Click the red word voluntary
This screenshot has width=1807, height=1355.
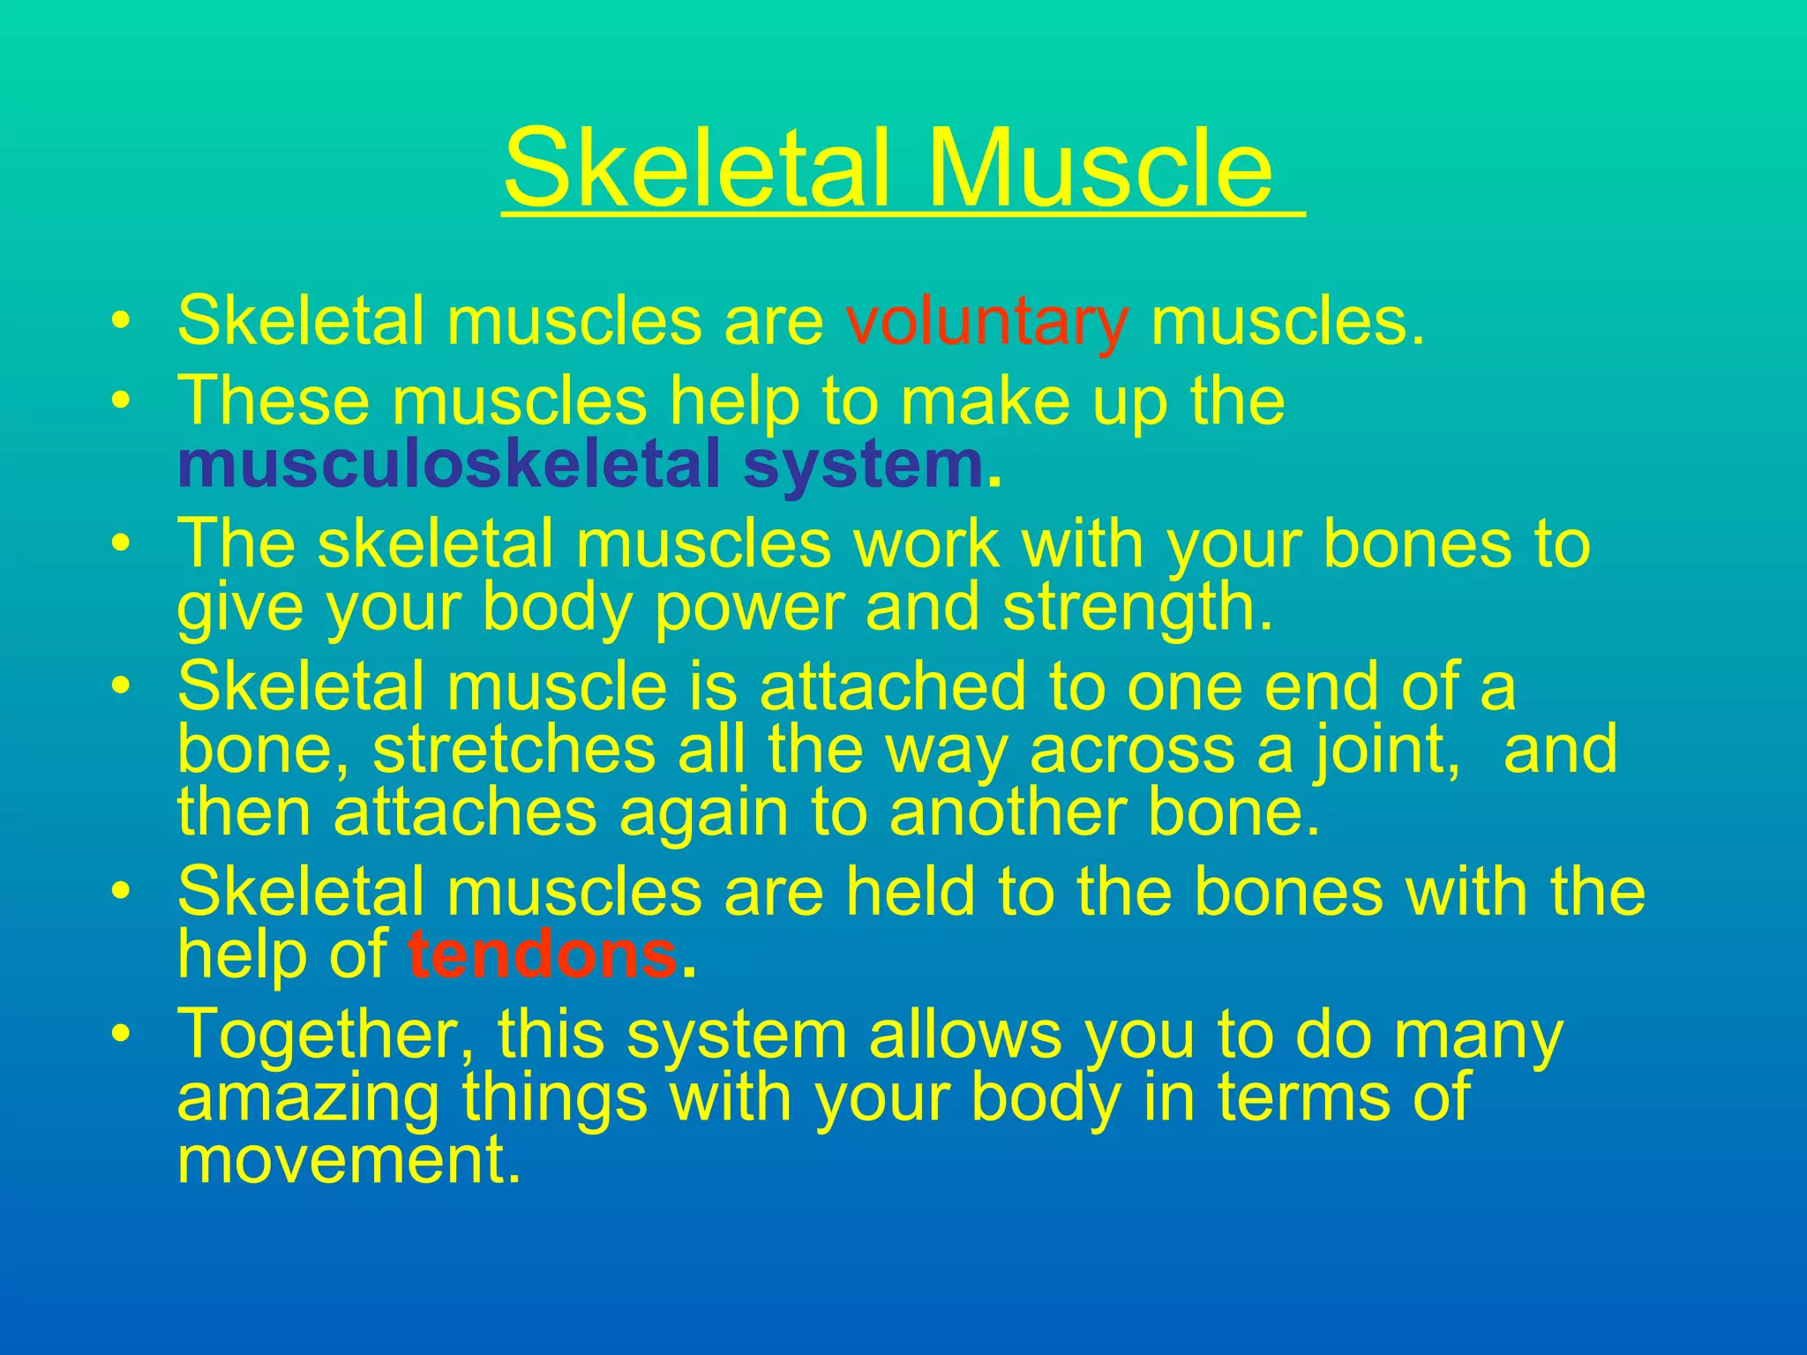coord(986,321)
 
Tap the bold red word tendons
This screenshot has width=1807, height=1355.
coord(542,955)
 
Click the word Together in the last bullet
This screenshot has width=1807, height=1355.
coord(326,1034)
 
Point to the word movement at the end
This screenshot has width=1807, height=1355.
coord(342,1161)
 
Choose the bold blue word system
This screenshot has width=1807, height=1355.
coord(863,466)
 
